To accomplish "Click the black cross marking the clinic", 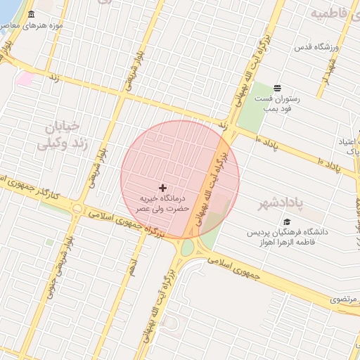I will pos(163,188).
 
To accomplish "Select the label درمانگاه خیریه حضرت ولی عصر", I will pos(163,204).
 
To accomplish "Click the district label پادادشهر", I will pos(300,203).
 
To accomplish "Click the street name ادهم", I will pos(131,265).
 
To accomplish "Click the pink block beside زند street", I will pos(26,78).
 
